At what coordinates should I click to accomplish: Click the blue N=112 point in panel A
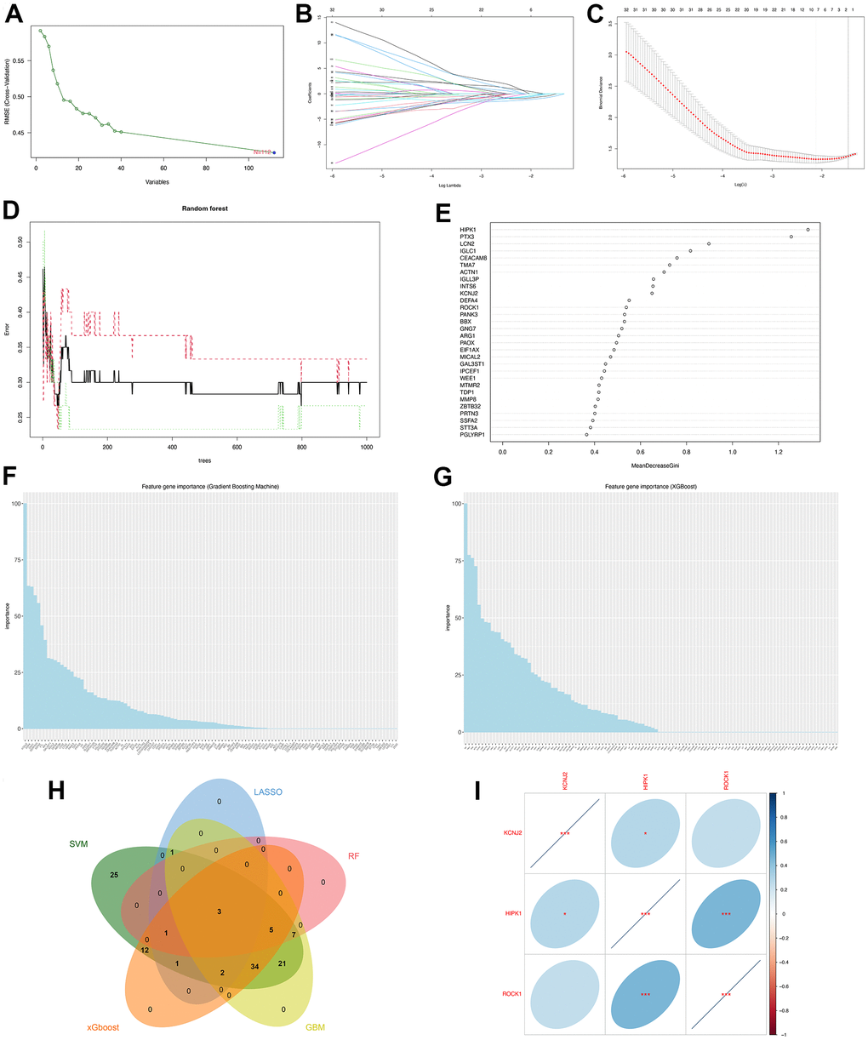coord(274,152)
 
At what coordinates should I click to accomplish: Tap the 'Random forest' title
coord(203,208)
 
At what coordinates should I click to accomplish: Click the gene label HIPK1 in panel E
coord(467,230)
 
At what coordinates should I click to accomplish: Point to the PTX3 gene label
coord(467,237)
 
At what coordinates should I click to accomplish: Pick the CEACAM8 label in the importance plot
coord(473,258)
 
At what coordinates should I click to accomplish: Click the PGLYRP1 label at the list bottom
coord(471,435)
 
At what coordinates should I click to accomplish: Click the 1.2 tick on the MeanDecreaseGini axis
coord(777,451)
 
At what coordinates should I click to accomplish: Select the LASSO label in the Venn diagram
coord(266,791)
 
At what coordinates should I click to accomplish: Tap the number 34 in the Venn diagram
coord(254,967)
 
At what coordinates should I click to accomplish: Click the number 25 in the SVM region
coord(114,874)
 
